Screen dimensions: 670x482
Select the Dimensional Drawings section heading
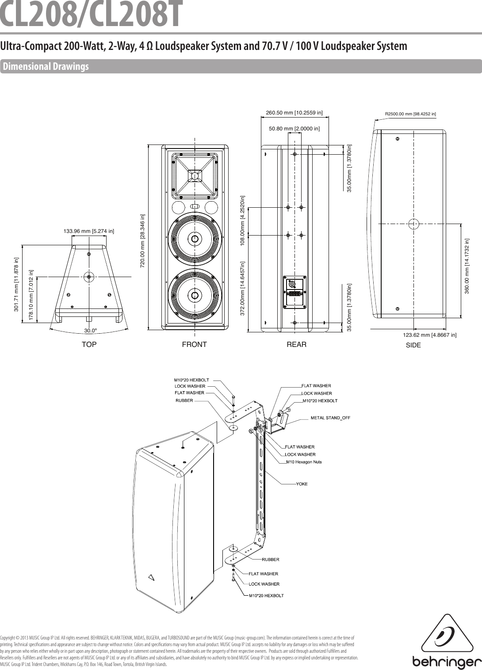46,67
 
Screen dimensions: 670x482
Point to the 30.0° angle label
91,331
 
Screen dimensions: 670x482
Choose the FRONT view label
194,344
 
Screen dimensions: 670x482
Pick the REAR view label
296,344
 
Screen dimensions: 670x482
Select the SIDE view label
413,345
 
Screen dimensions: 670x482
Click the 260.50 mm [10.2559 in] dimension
294,113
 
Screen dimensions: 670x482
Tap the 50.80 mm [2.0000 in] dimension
295,129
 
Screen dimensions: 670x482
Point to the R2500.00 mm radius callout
410,114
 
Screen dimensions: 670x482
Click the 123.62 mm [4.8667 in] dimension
429,335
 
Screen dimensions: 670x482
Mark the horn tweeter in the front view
195,175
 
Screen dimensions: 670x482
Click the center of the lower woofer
195,295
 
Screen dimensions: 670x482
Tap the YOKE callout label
302,484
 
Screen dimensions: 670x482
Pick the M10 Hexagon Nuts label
304,462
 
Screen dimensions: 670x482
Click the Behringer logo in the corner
447,640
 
